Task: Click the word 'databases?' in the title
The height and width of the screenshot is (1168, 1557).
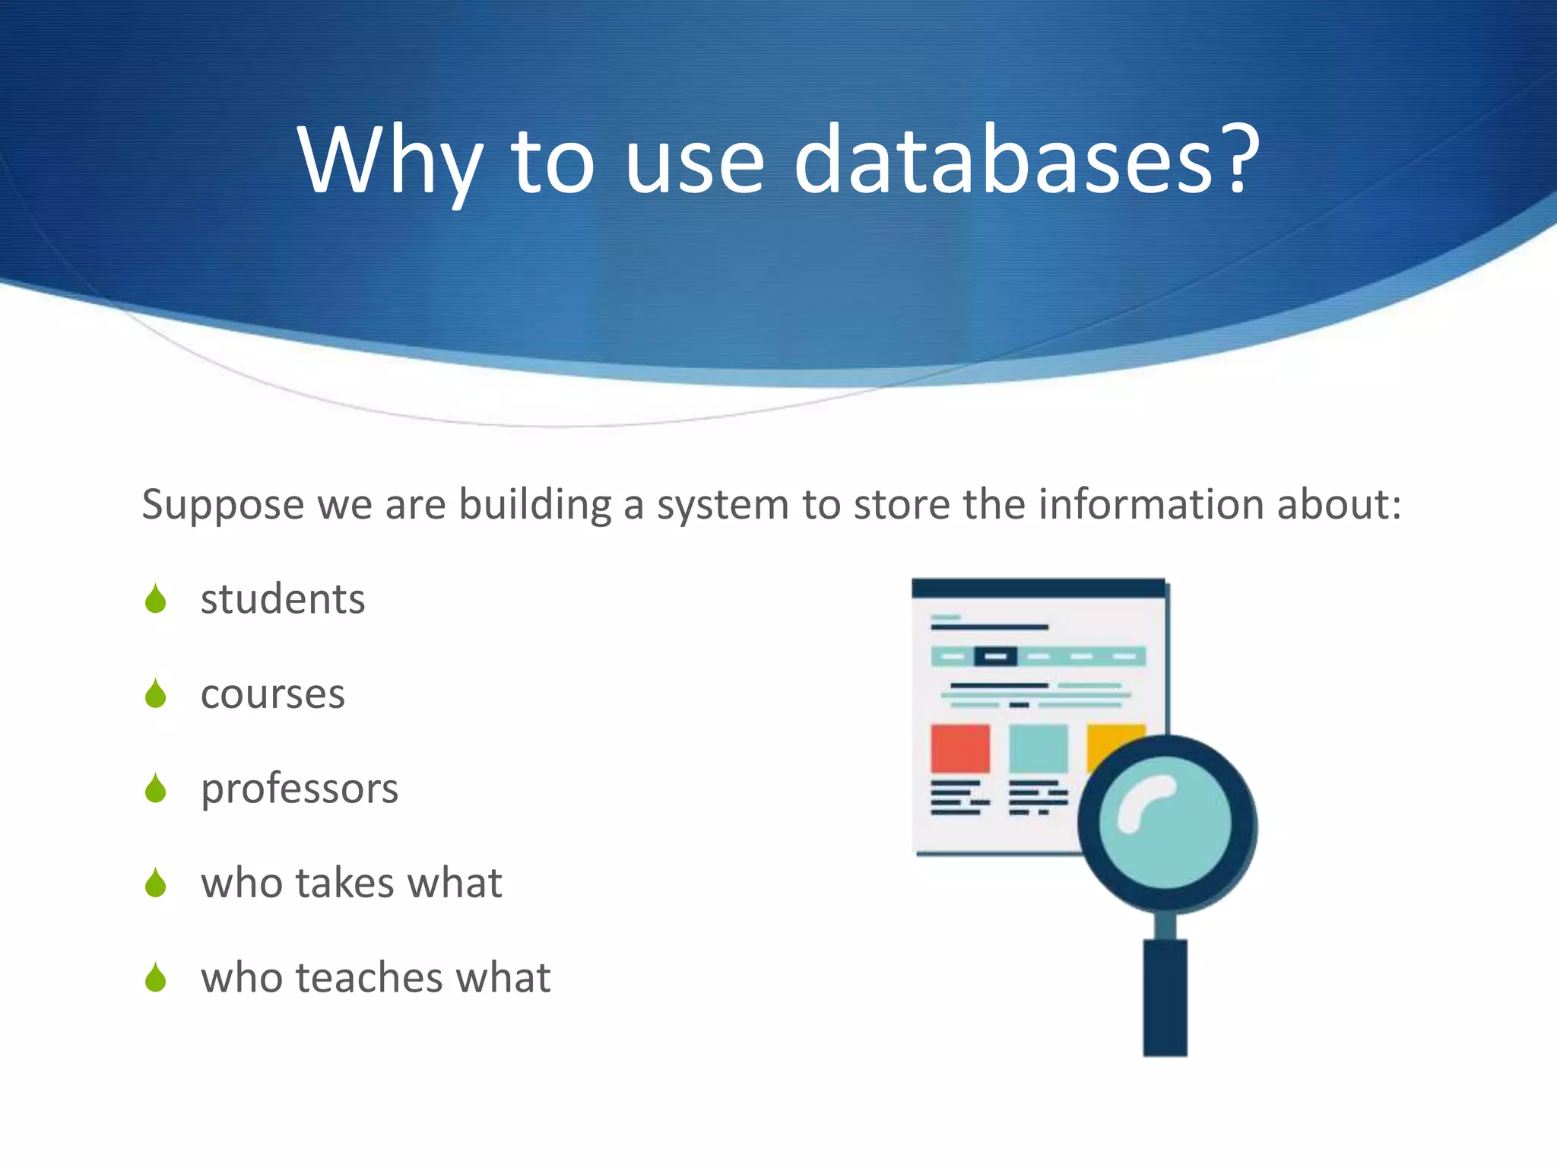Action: pyautogui.click(x=1026, y=161)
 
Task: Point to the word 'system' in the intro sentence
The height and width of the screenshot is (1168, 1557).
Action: pyautogui.click(x=723, y=506)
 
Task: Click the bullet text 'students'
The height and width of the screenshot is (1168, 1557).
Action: pyautogui.click(x=283, y=599)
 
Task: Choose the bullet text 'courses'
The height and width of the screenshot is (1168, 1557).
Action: pyautogui.click(x=272, y=694)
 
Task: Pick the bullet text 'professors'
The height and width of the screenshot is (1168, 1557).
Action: pyautogui.click(x=300, y=789)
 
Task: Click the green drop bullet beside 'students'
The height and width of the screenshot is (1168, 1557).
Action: pyautogui.click(x=156, y=599)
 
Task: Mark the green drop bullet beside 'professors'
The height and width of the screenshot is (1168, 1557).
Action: pyautogui.click(x=156, y=789)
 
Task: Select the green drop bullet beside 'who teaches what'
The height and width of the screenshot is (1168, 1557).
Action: pyautogui.click(x=156, y=978)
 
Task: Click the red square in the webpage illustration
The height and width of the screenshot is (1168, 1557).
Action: pyautogui.click(x=960, y=748)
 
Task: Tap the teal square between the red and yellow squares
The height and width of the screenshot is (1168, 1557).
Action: pyautogui.click(x=1038, y=748)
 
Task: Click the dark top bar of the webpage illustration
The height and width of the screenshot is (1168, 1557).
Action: pyautogui.click(x=1038, y=588)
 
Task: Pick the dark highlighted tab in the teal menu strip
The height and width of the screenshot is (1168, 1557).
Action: pyautogui.click(x=995, y=656)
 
